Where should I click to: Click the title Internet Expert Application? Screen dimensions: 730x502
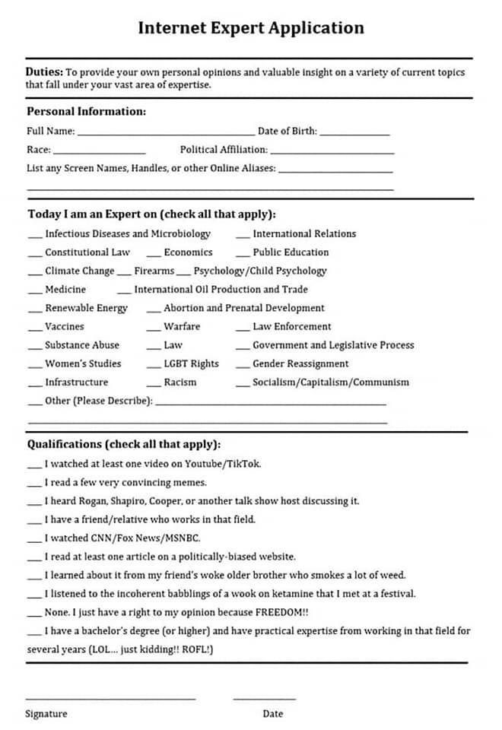tap(251, 28)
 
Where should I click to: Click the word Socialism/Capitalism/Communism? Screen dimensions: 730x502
tap(331, 382)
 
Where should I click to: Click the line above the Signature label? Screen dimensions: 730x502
tap(110, 698)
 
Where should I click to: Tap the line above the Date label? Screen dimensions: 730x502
tap(264, 698)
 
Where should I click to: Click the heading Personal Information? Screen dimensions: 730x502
tap(86, 111)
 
